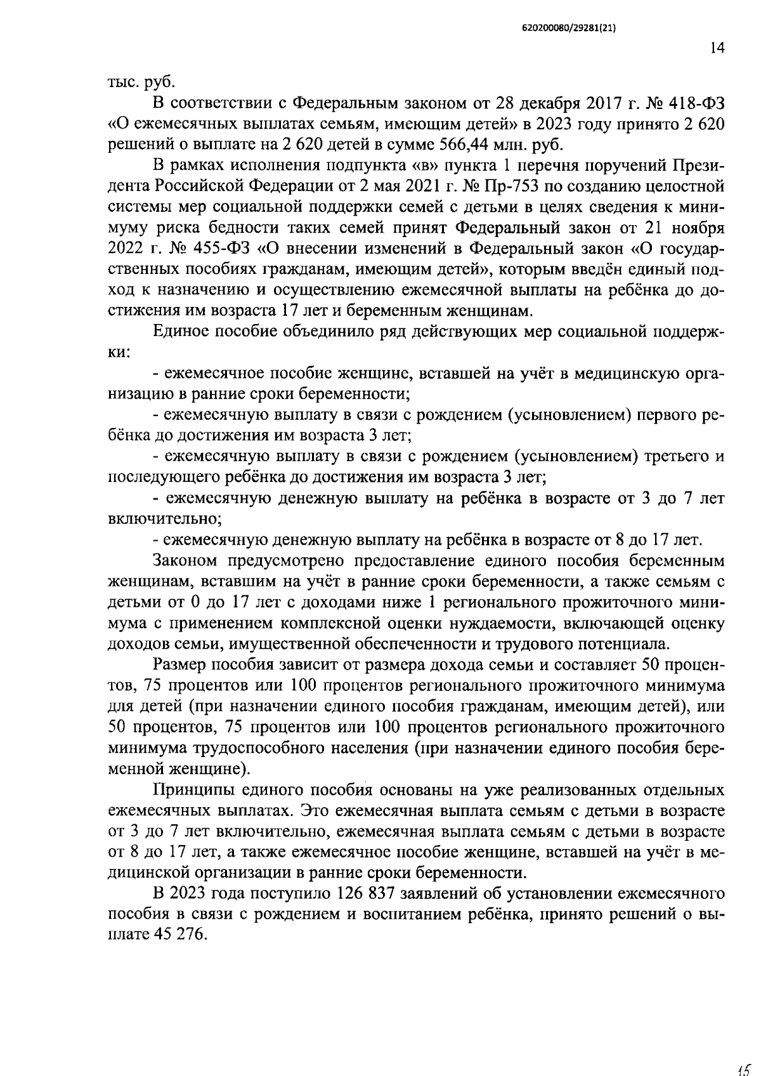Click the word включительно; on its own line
164,519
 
